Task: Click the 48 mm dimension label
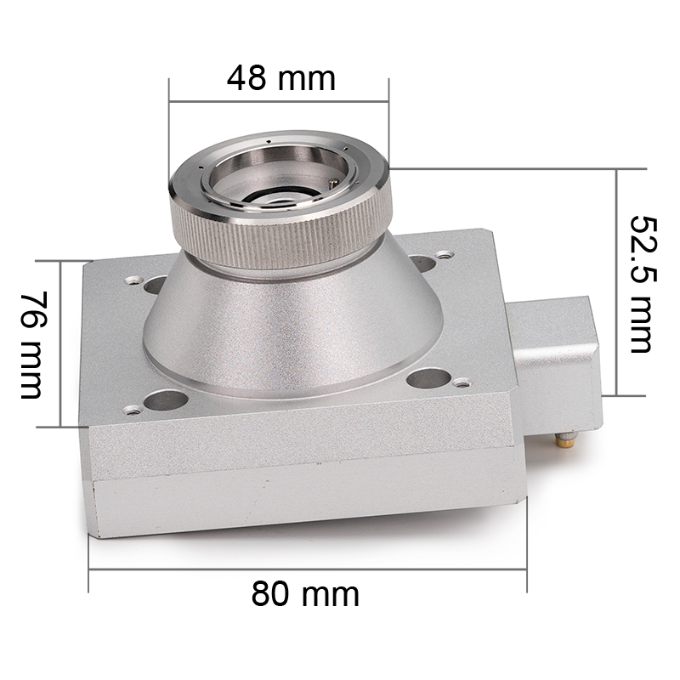[x=281, y=78]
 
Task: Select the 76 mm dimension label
[x=33, y=345]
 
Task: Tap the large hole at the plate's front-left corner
[x=166, y=400]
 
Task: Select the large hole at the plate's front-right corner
[x=429, y=378]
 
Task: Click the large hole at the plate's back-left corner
[x=155, y=284]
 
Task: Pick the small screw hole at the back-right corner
[x=443, y=254]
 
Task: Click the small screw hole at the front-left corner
[x=133, y=410]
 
